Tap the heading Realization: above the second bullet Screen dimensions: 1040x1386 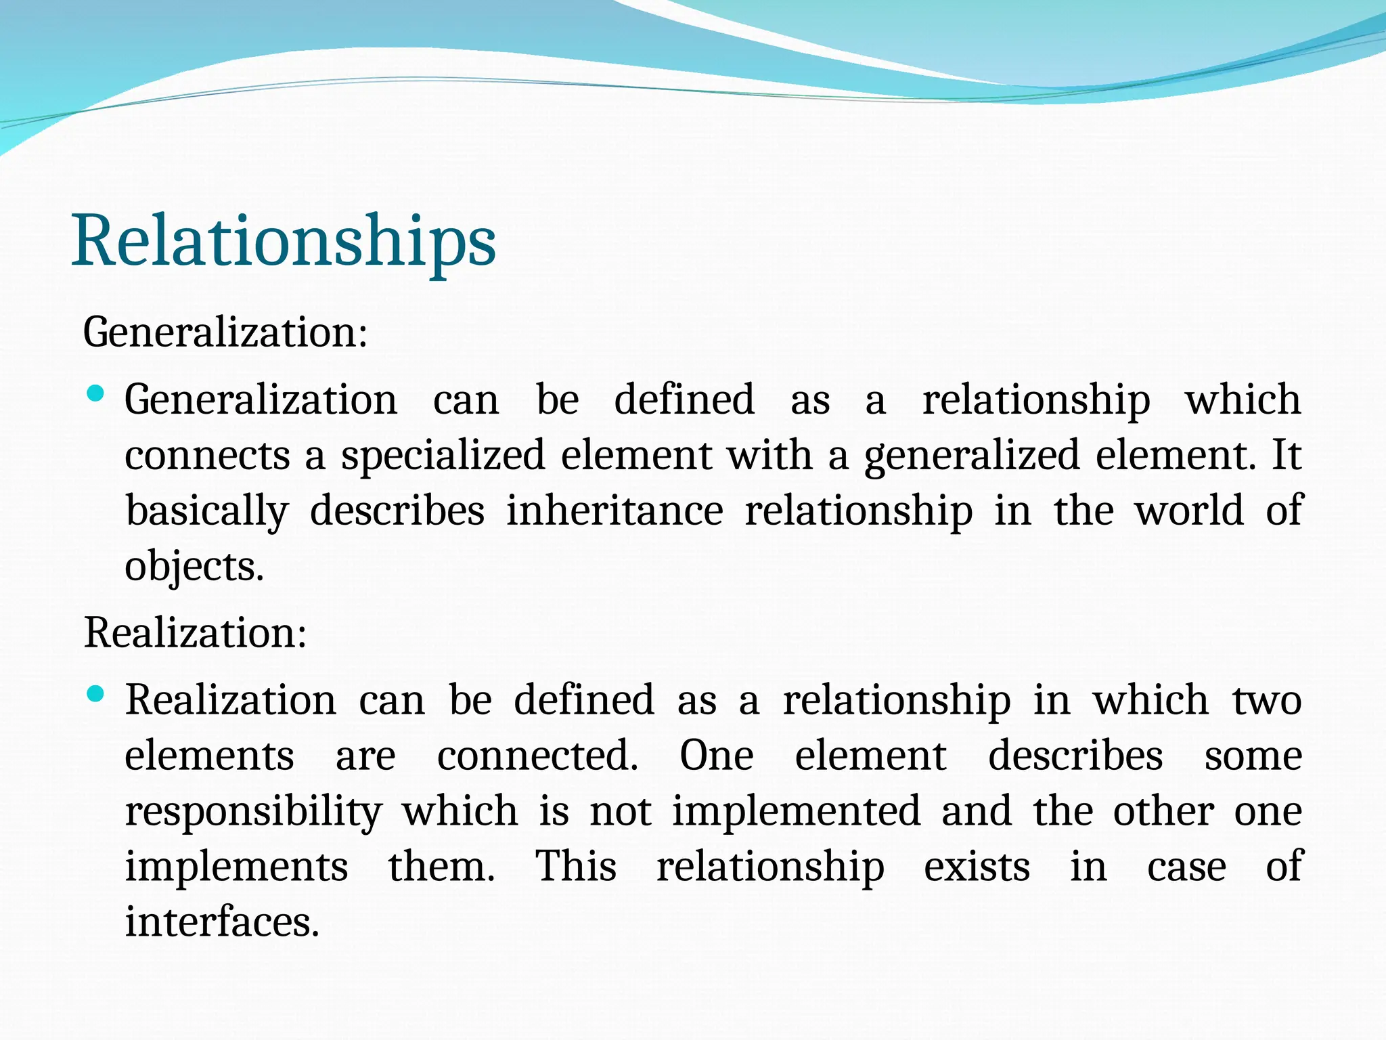195,633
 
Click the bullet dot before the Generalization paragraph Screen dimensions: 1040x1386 96,393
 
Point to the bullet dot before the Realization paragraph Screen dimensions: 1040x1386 96,694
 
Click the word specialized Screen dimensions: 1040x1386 443,455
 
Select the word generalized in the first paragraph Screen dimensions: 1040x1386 972,455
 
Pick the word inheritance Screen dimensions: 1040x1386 614,511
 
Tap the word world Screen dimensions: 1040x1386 1189,511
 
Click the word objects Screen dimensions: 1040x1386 194,567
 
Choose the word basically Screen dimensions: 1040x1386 207,511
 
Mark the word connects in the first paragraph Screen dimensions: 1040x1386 207,455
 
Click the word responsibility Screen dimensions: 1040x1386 254,811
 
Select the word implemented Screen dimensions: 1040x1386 796,811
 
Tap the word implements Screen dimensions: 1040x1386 236,867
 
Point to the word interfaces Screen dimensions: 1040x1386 221,922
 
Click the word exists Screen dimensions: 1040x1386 977,867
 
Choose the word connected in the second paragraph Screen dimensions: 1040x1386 537,756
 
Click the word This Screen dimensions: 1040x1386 576,867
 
